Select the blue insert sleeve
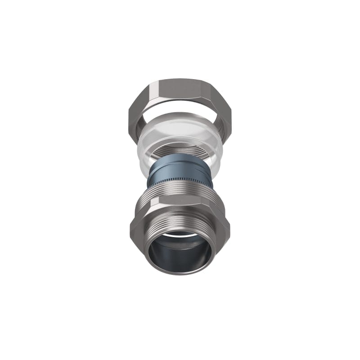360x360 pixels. click(x=180, y=169)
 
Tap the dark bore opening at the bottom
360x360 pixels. click(x=180, y=256)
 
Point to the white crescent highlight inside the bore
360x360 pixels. click(x=180, y=235)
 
